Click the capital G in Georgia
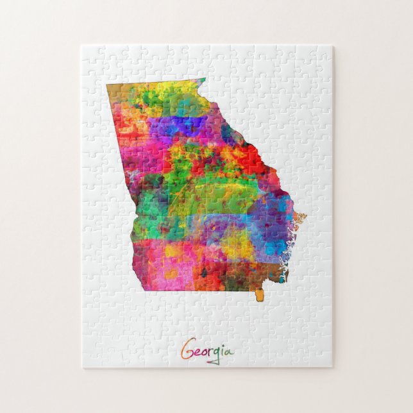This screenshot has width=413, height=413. [x=187, y=351]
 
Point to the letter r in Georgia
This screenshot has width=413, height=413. [x=212, y=352]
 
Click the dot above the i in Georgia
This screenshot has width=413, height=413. [x=225, y=346]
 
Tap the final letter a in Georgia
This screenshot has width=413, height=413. [x=230, y=352]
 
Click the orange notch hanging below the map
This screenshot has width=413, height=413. [x=259, y=295]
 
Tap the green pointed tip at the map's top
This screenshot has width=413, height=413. [x=200, y=81]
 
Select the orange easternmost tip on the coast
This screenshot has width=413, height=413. [x=301, y=217]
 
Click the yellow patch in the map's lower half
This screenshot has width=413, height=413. [x=237, y=243]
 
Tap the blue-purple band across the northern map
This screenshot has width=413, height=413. [x=186, y=125]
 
